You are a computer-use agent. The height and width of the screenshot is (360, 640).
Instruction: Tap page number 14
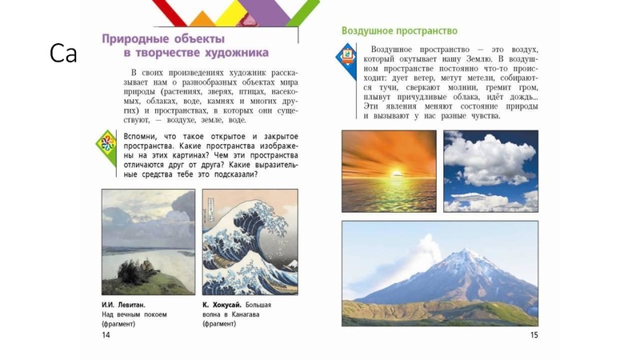coord(106,335)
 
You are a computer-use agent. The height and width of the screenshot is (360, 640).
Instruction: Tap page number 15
coord(534,335)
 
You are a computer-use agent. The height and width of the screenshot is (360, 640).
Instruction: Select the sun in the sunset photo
coord(390,171)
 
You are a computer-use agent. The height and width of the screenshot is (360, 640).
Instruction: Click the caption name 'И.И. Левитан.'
coord(124,305)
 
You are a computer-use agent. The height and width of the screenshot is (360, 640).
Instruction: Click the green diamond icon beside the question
coord(106,144)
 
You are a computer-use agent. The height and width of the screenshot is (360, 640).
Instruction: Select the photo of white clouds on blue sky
coord(490,171)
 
